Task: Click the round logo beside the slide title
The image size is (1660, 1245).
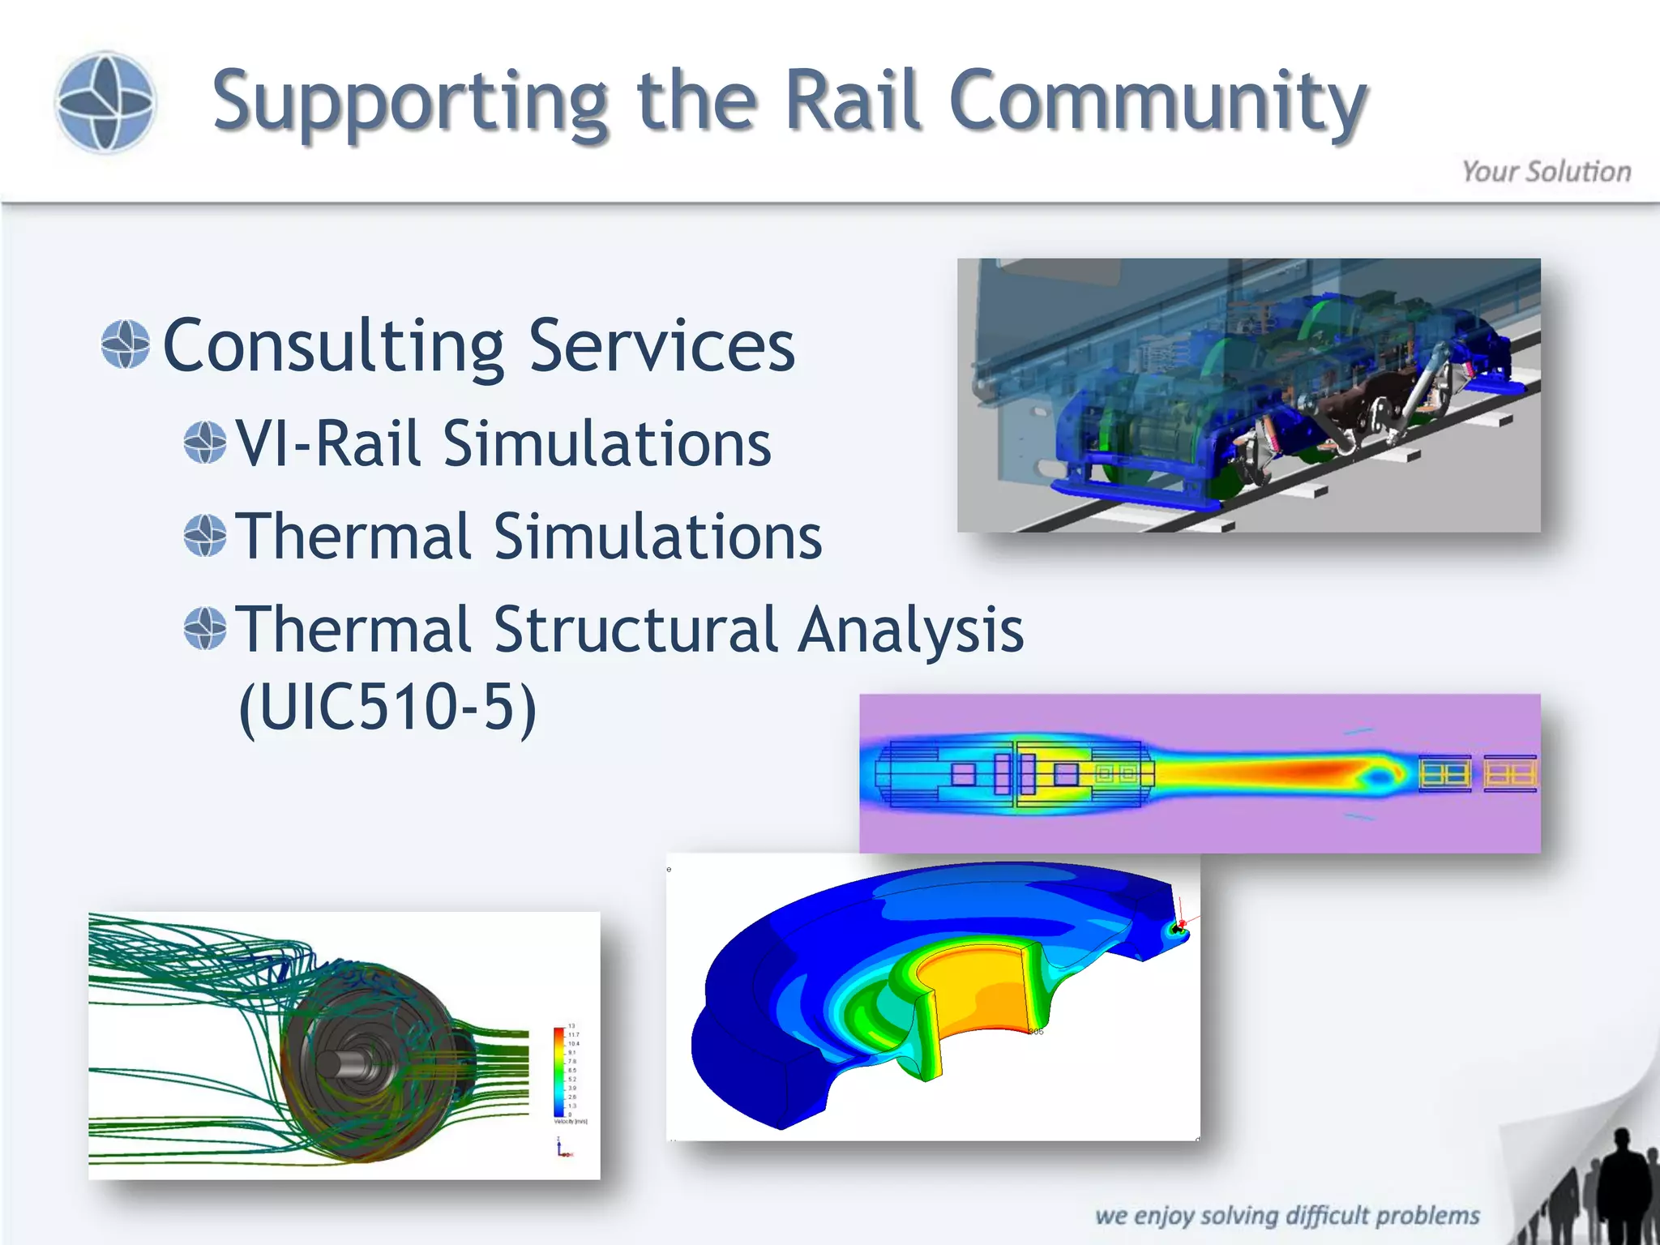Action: point(105,102)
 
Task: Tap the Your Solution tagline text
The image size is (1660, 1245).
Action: point(1545,172)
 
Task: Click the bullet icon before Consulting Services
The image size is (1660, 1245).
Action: point(126,344)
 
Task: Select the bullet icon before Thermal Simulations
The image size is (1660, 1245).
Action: point(204,535)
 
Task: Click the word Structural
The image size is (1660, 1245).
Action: point(635,630)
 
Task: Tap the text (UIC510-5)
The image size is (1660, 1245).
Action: point(387,707)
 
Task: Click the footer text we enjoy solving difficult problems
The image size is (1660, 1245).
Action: point(1286,1215)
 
